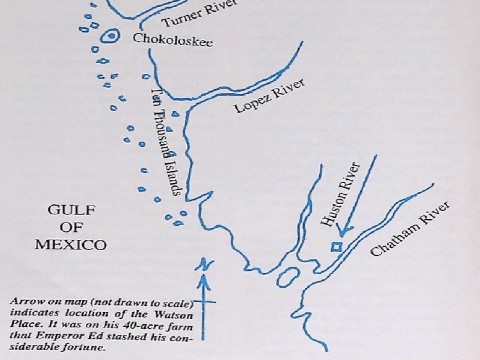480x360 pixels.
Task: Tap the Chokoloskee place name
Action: [173, 39]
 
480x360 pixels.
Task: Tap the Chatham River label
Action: [410, 228]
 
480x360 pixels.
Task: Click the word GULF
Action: [71, 210]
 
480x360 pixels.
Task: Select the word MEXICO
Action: [71, 245]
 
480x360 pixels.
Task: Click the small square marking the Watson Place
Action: [337, 247]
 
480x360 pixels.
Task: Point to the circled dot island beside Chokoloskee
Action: [111, 36]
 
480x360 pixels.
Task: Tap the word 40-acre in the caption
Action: [139, 326]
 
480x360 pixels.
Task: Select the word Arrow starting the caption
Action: [22, 302]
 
